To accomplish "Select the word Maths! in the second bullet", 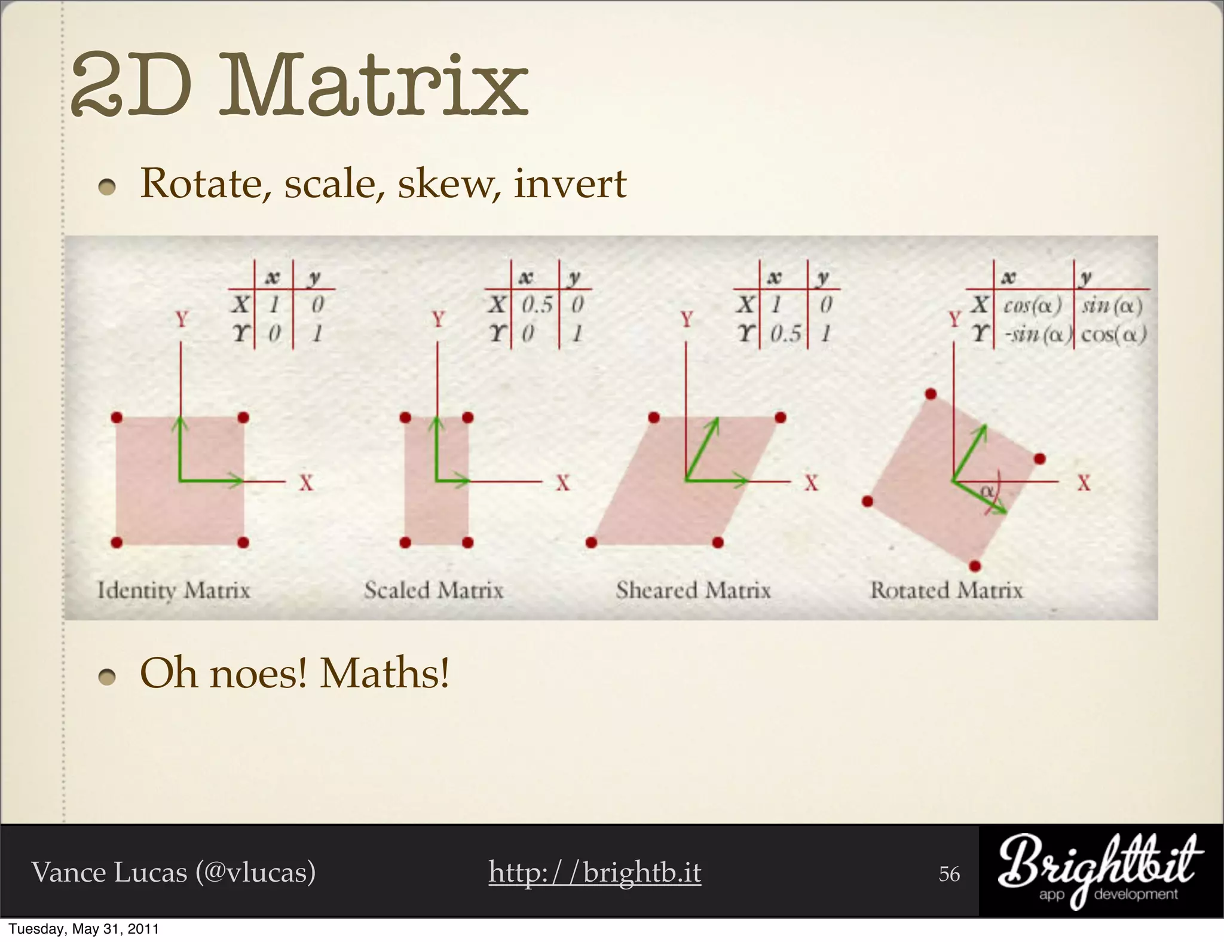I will click(384, 674).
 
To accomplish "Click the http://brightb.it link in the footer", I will click(595, 872).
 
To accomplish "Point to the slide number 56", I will click(949, 874).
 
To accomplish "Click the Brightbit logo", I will click(1100, 870).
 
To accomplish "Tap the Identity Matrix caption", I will click(173, 591).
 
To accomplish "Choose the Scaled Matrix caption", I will click(434, 591).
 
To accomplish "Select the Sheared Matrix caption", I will click(693, 591).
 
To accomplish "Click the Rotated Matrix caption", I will click(947, 591).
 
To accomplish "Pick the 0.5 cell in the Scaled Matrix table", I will click(537, 305).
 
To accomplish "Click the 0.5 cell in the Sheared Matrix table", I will click(785, 334).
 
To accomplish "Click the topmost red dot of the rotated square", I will click(931, 394).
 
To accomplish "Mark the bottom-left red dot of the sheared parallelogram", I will click(592, 542).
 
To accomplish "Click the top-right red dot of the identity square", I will click(243, 417).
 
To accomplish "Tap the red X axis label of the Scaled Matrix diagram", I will click(562, 483).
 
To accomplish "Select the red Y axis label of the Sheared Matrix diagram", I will click(687, 319).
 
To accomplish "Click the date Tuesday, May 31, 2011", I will click(84, 929).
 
